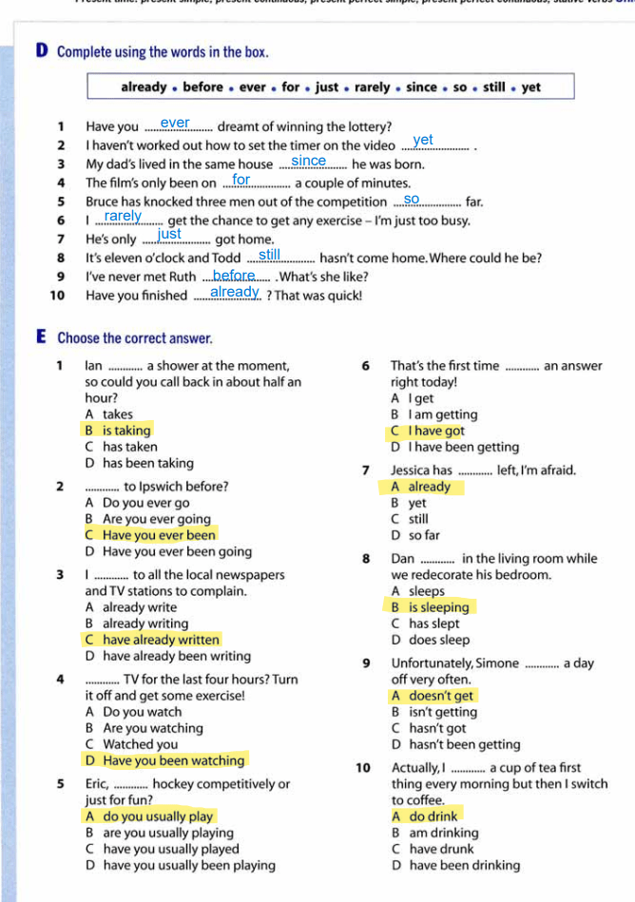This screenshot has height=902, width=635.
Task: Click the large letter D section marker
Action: point(43,50)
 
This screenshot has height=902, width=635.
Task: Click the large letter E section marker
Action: point(43,336)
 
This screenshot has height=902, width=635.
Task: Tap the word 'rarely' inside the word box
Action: point(372,87)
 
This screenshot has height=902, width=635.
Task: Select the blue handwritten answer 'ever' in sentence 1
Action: point(175,123)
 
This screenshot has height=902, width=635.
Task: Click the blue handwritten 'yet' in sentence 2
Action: point(423,141)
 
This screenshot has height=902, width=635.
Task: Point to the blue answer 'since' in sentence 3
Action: point(309,161)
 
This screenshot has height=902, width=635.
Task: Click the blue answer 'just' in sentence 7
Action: point(169,234)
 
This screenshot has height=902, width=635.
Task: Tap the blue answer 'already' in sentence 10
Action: point(234,292)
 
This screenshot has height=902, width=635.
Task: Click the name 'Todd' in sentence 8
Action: point(225,259)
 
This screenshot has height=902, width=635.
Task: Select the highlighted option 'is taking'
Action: point(126,431)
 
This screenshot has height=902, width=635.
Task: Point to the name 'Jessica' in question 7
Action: point(411,470)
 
